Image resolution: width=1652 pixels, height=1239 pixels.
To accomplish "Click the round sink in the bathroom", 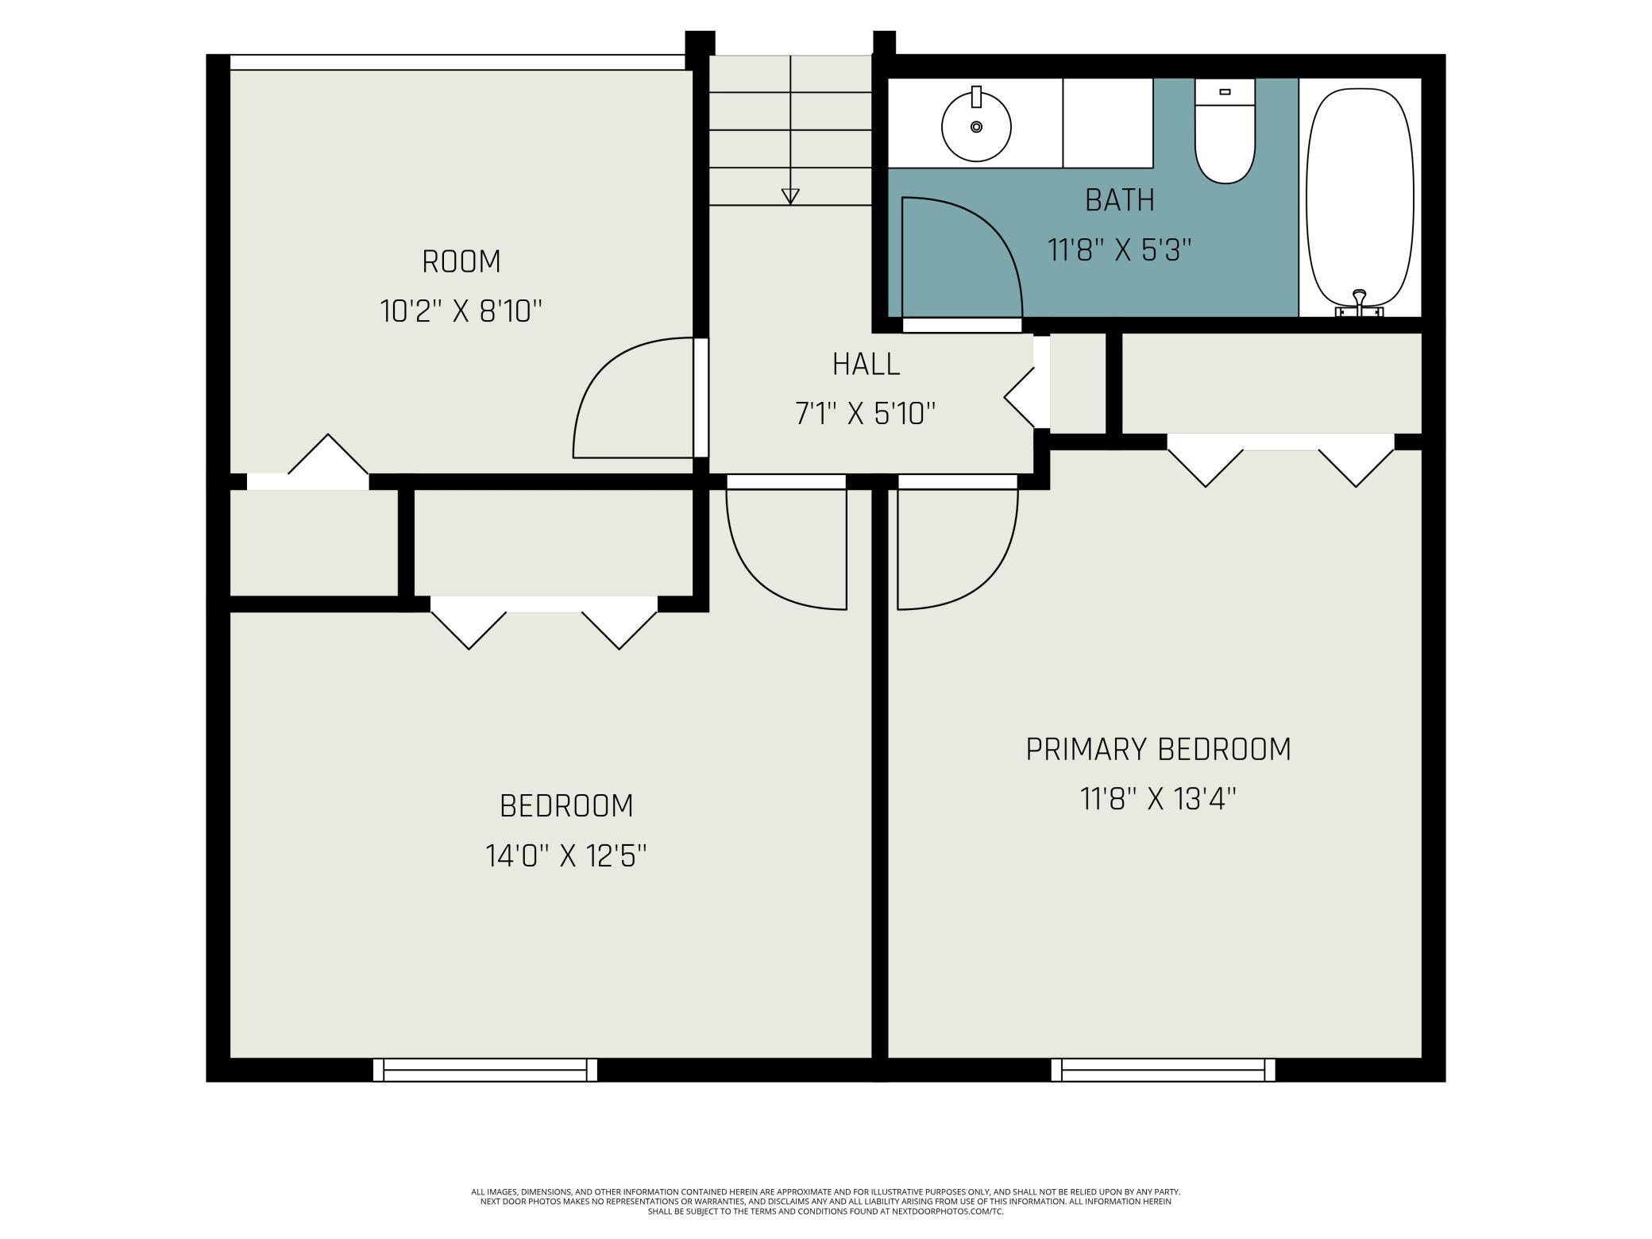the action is click(x=976, y=125).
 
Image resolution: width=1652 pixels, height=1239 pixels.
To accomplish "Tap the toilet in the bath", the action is click(x=1225, y=131).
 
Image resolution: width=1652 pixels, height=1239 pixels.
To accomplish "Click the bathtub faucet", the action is click(x=1360, y=305).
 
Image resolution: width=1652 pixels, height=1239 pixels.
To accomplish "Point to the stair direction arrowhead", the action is click(x=790, y=196).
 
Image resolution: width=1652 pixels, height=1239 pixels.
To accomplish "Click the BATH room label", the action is click(x=1120, y=200).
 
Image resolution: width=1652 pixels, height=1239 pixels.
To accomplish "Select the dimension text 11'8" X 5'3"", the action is click(x=1120, y=251).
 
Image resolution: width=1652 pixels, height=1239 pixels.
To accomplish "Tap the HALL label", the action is click(x=866, y=365).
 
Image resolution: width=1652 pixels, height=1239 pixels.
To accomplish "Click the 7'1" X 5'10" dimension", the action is click(x=866, y=414).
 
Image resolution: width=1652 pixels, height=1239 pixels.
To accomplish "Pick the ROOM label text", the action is click(x=461, y=261).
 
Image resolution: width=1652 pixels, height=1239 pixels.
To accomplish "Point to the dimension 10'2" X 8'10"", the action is click(x=461, y=311).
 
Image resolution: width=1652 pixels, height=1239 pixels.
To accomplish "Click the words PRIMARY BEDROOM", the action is click(x=1159, y=749).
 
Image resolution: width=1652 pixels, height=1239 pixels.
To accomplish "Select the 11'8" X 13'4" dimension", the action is click(x=1159, y=799).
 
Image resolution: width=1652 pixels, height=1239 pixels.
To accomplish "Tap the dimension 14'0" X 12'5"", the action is click(x=566, y=856).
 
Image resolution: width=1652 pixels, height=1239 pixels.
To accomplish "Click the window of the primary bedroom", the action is click(x=1163, y=1070).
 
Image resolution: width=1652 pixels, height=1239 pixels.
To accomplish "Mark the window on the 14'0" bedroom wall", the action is click(x=485, y=1070).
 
